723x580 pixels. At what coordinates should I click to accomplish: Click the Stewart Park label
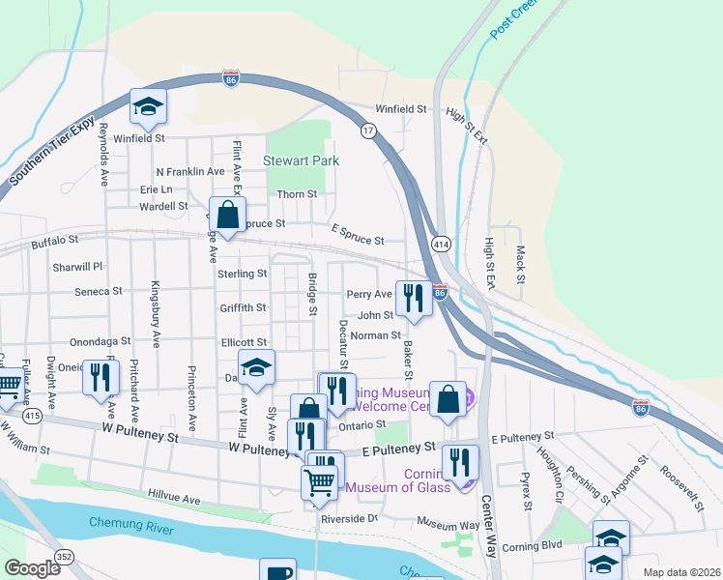pyautogui.click(x=301, y=159)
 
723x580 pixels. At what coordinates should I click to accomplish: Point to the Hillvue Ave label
pyautogui.click(x=173, y=500)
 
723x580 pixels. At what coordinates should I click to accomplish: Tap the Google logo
pyautogui.click(x=32, y=567)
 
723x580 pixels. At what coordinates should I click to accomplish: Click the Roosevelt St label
pyautogui.click(x=680, y=482)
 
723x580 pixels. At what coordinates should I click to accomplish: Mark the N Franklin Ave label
pyautogui.click(x=189, y=171)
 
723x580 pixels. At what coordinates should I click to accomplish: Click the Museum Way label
pyautogui.click(x=448, y=522)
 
